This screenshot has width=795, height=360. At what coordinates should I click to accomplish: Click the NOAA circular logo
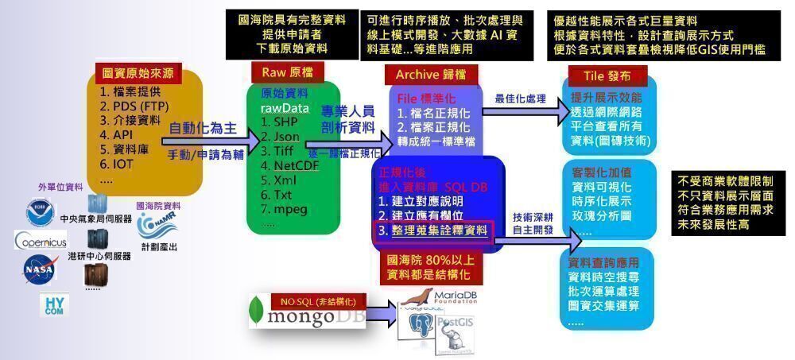coord(38,212)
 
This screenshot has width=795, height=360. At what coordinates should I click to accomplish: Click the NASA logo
coord(41,268)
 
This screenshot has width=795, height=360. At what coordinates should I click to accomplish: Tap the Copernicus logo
coord(41,240)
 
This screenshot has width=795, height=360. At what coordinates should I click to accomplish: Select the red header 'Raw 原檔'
coord(279,72)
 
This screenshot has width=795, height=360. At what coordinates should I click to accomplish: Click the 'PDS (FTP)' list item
coord(134,106)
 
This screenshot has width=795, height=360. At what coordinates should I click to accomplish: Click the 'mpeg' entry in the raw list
coord(285,210)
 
